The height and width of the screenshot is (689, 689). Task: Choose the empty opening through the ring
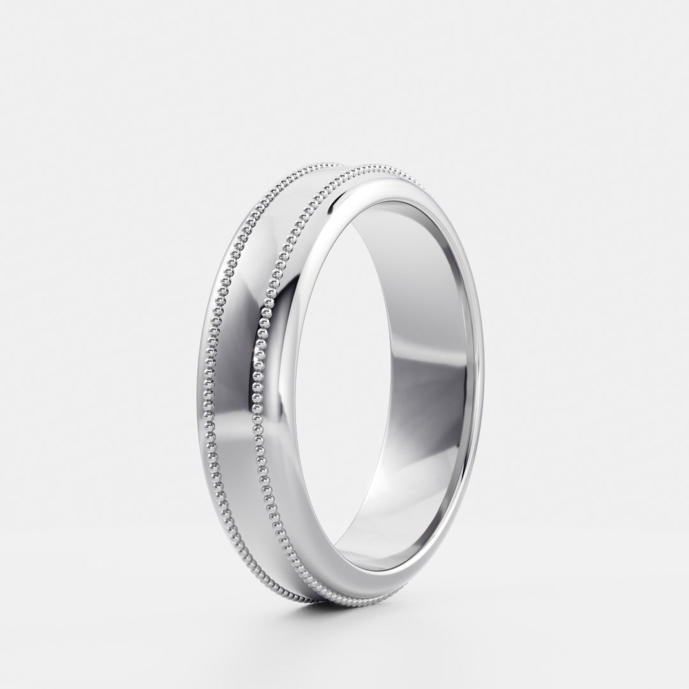357,383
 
